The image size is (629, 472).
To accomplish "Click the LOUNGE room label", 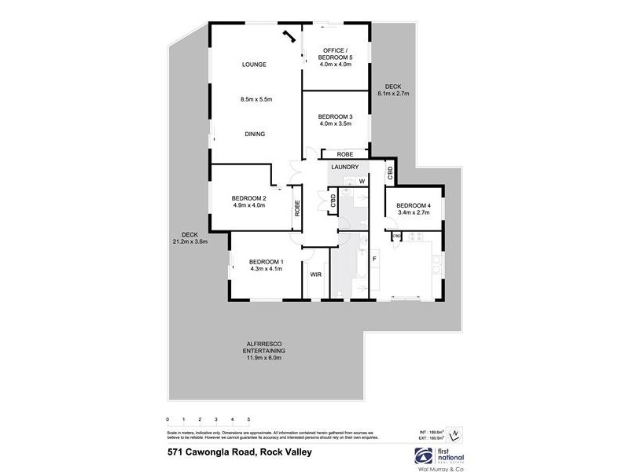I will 256,65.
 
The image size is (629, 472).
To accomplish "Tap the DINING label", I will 255,135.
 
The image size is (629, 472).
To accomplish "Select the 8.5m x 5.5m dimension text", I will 256,99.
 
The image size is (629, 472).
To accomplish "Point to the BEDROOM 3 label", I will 335,117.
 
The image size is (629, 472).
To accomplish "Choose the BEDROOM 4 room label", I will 414,206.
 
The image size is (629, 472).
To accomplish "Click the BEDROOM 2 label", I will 249,198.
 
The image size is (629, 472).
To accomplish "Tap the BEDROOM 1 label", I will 266,262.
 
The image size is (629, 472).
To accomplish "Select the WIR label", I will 315,275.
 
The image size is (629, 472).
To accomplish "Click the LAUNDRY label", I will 345,167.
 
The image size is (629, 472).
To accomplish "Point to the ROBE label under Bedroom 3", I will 345,154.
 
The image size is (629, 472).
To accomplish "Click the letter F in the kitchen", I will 374,258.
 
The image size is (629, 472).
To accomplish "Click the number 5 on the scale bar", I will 248,419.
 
